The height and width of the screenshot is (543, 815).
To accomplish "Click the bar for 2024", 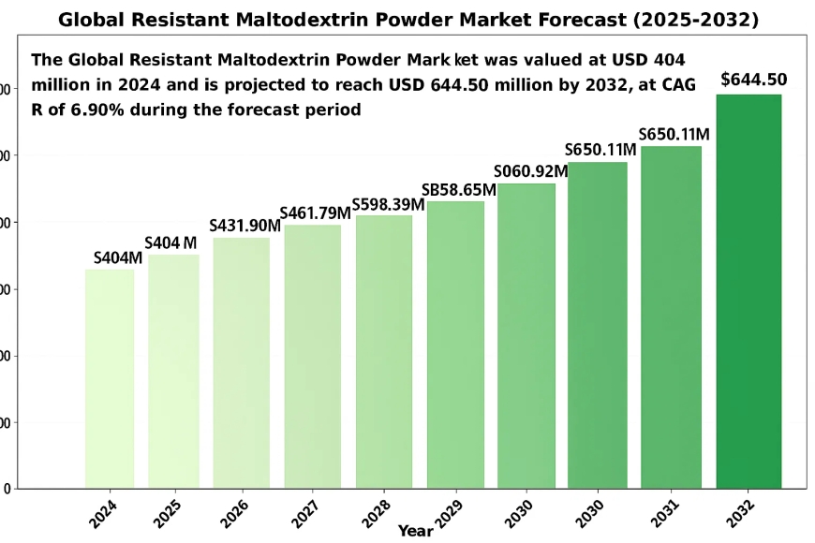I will (109, 378).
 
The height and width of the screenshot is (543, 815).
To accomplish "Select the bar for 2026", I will (241, 362).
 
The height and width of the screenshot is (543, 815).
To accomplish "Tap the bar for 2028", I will (383, 351).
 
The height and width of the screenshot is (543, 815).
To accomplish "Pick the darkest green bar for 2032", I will (748, 291).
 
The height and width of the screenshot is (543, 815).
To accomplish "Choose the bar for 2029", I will (455, 345).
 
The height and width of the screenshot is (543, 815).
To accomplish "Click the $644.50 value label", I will (753, 80).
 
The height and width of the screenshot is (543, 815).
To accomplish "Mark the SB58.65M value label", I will (458, 190).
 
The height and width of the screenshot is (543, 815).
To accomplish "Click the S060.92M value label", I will (530, 171).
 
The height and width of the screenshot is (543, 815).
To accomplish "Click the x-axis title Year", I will (415, 531).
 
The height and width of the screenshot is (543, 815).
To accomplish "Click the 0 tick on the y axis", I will (7, 489).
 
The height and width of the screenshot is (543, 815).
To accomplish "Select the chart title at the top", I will (407, 19).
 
